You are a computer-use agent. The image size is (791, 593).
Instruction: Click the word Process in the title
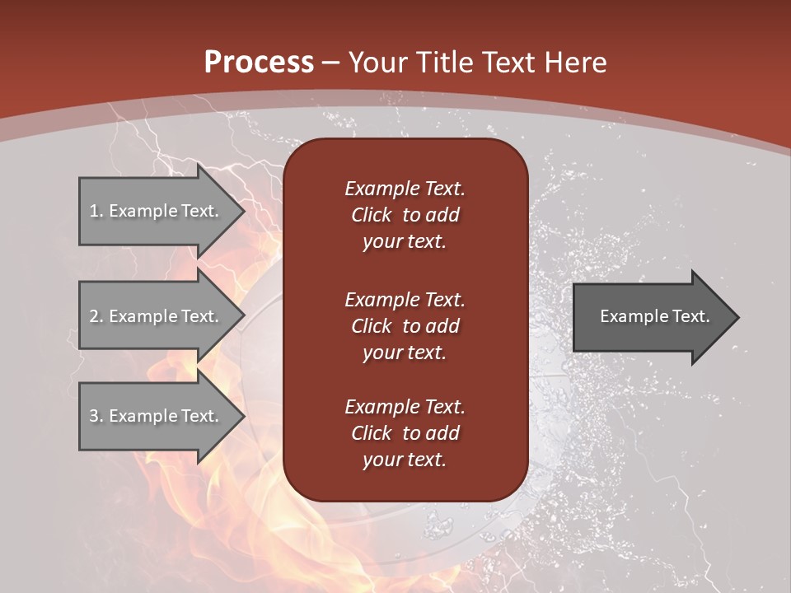[259, 63]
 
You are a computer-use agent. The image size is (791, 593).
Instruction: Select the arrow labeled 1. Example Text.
[157, 211]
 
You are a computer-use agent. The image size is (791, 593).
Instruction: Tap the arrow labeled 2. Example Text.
[157, 316]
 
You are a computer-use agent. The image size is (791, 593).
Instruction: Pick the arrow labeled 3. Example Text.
[157, 416]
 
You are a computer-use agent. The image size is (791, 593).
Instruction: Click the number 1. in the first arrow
[96, 211]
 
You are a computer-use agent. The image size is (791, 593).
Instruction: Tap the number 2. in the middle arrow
[96, 316]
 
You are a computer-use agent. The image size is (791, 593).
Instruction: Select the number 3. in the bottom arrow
[96, 416]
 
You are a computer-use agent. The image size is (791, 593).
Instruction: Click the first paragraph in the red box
[405, 215]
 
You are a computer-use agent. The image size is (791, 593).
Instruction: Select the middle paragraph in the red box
[405, 326]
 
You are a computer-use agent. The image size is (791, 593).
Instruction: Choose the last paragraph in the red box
[405, 433]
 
